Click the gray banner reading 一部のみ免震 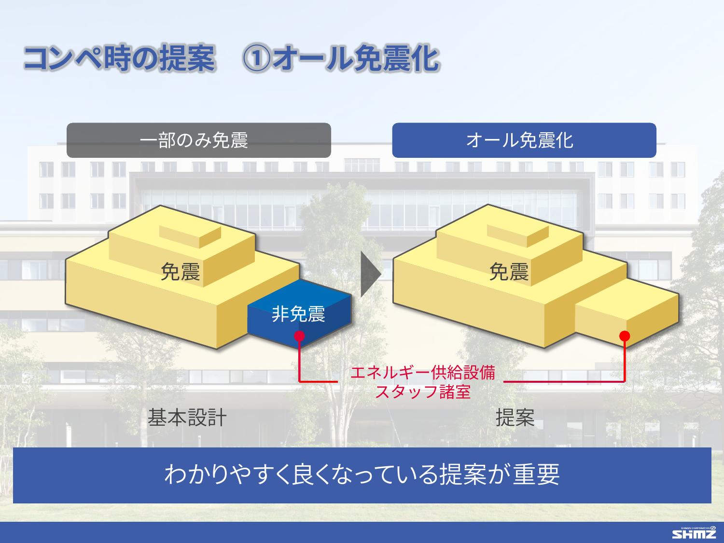tap(198, 140)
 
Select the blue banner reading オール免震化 tap(524, 140)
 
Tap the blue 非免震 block tap(299, 314)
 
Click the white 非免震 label tap(298, 314)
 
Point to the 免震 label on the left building tap(180, 272)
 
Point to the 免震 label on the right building tap(509, 272)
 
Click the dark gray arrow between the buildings tap(371, 274)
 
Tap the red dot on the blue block tap(299, 336)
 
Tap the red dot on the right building tap(625, 336)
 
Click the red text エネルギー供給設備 tap(422, 373)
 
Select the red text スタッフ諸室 tap(423, 392)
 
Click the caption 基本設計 tap(187, 418)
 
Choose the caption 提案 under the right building tap(515, 418)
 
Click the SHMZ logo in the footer tap(694, 533)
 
